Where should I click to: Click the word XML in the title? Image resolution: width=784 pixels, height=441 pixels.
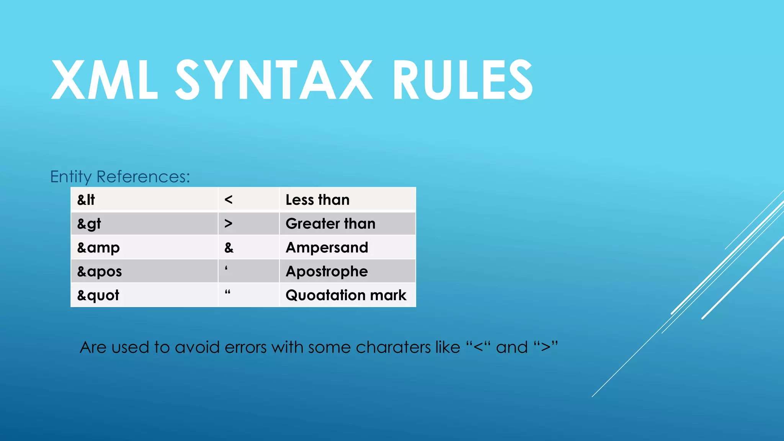click(x=104, y=80)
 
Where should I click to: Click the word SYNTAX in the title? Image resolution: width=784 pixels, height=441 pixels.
click(x=274, y=80)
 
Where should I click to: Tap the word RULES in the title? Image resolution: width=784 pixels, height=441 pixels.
click(x=462, y=80)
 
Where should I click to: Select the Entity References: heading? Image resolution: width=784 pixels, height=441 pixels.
click(x=120, y=177)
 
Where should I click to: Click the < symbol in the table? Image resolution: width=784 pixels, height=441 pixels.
click(x=229, y=200)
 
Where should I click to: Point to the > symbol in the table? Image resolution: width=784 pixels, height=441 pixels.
click(x=229, y=224)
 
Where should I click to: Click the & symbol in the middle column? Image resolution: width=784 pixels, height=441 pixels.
click(x=229, y=248)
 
